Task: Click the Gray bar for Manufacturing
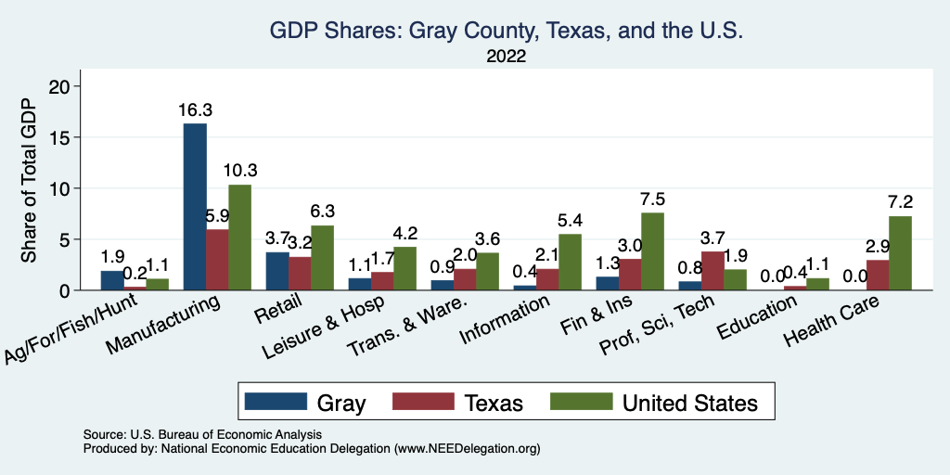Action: coord(195,207)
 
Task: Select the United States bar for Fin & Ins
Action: coord(652,251)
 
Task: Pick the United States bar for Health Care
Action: coord(900,253)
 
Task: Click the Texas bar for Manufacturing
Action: coord(217,260)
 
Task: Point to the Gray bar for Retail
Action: coord(277,271)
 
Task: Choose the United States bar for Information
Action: coord(570,262)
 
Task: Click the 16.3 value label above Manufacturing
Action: coord(195,110)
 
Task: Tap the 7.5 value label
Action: coord(652,200)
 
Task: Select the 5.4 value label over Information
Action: coord(570,222)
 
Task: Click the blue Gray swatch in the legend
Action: coord(276,402)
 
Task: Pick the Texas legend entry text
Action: coord(494,403)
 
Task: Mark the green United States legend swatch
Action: coord(582,402)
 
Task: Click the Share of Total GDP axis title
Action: coord(31,181)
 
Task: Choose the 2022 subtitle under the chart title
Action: coord(506,57)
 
